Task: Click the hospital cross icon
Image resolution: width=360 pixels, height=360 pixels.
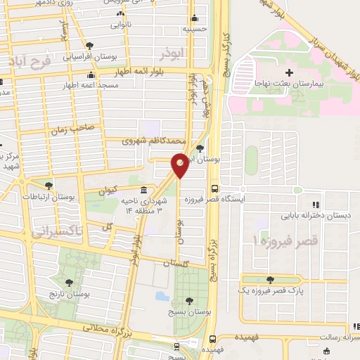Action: [x=290, y=72]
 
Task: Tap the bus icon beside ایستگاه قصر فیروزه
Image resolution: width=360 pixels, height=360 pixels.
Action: [x=214, y=188]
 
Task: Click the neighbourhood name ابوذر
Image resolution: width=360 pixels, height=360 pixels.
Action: [x=171, y=53]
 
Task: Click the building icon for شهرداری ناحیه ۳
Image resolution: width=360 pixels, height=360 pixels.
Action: [x=143, y=190]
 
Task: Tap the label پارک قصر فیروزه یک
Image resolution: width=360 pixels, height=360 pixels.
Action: [x=269, y=290]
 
